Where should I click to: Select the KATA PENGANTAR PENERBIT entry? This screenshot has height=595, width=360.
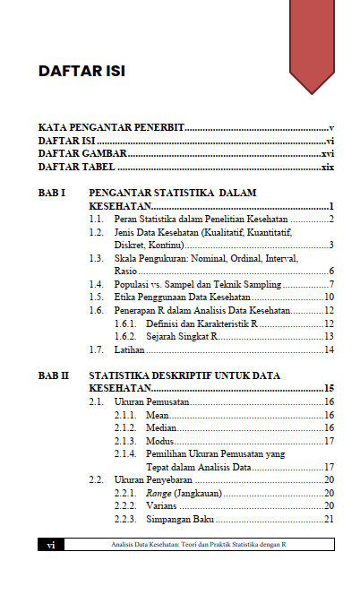click(111, 128)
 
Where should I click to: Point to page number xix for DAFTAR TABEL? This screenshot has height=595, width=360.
click(328, 167)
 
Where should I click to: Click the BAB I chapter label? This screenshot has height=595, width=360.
click(53, 193)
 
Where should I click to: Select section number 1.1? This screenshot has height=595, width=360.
click(99, 219)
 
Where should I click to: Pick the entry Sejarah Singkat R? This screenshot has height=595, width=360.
click(182, 336)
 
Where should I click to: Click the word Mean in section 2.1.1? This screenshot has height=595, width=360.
click(157, 415)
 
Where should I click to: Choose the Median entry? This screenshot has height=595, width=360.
click(160, 428)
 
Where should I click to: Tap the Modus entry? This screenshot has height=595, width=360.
click(159, 441)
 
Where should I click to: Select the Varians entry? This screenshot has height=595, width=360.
click(162, 505)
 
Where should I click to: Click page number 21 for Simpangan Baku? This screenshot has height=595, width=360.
click(329, 519)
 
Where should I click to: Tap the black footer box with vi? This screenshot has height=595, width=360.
click(52, 544)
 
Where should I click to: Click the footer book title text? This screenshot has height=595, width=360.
click(197, 544)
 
